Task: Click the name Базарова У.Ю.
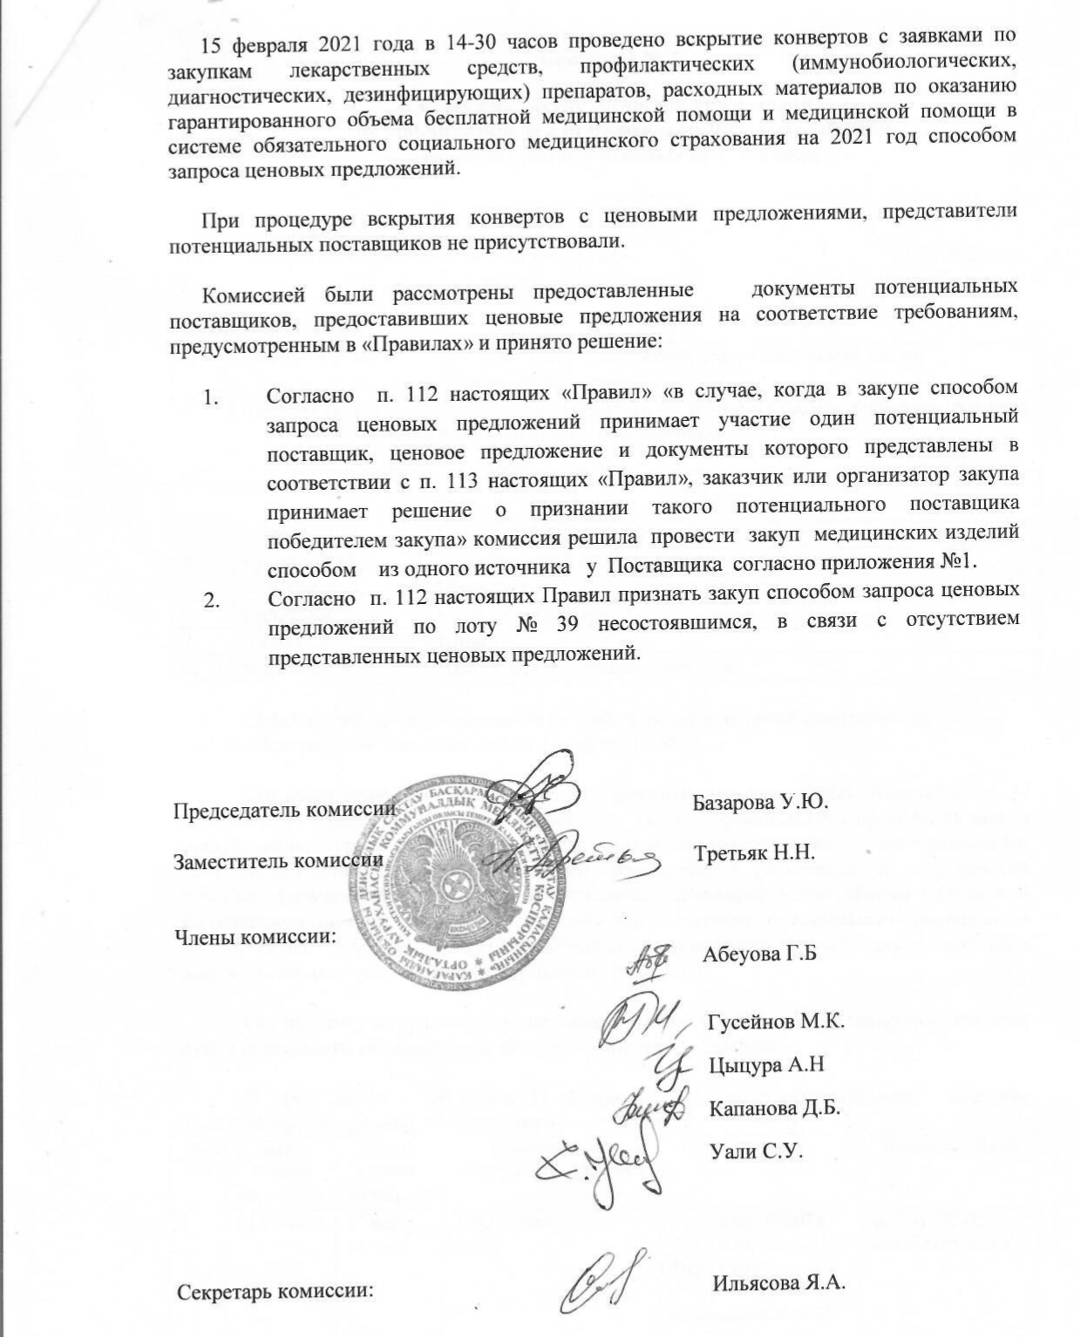(x=759, y=802)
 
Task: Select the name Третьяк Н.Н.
(x=754, y=852)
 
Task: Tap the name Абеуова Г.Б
(x=758, y=954)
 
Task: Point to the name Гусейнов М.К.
(x=775, y=1021)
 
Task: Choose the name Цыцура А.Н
(x=767, y=1064)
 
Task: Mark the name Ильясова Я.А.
(x=779, y=1282)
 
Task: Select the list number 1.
(x=210, y=398)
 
